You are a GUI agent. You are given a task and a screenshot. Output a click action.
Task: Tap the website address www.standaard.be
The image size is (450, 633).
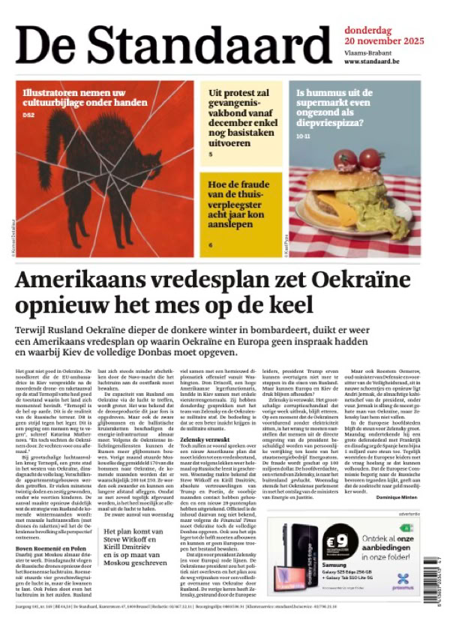coord(375,61)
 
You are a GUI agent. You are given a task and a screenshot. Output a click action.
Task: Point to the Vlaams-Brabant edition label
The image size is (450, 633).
coord(367,52)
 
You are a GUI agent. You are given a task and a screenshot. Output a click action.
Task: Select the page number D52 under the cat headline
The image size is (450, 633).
coord(28,115)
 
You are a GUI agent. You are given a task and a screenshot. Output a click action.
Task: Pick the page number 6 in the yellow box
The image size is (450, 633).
coord(211,245)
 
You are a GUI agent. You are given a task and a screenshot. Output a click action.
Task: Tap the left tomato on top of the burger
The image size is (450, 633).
coord(346,159)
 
